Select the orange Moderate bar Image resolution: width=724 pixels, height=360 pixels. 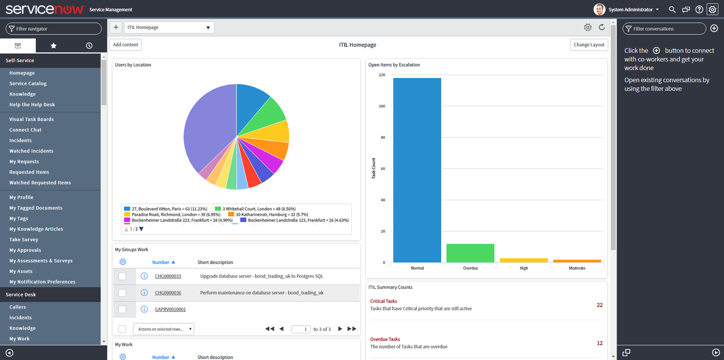tap(577, 261)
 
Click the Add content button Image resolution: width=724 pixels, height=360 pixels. tap(125, 45)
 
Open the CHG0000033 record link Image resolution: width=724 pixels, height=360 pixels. tap(168, 277)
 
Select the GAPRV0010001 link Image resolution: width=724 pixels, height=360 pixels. tap(170, 309)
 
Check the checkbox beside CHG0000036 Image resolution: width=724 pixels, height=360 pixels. tap(122, 293)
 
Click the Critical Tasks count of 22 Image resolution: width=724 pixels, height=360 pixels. tap(599, 305)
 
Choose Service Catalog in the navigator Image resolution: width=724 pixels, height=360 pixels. tap(28, 83)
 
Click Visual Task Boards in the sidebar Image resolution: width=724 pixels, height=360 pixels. tap(31, 119)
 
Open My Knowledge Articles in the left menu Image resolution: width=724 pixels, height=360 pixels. tap(36, 229)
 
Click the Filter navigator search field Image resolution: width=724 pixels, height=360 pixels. tap(54, 29)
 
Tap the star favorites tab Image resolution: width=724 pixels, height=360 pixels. tap(54, 45)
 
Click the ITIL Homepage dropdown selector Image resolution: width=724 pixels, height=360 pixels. tap(169, 28)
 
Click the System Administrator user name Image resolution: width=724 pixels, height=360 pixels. tap(630, 10)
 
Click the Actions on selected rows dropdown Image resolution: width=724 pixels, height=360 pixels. tap(164, 329)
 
